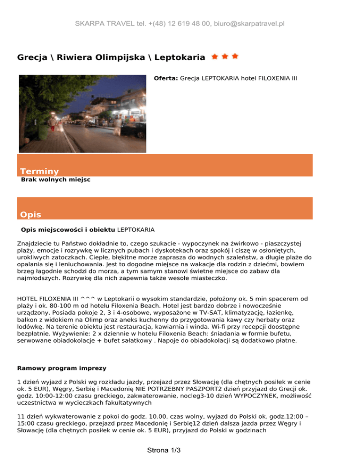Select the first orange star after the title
point(215,57)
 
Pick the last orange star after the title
point(235,57)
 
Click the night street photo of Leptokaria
point(82,113)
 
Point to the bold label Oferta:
point(166,79)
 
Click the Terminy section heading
point(39,172)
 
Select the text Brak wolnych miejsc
point(55,179)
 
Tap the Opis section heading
point(30,215)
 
